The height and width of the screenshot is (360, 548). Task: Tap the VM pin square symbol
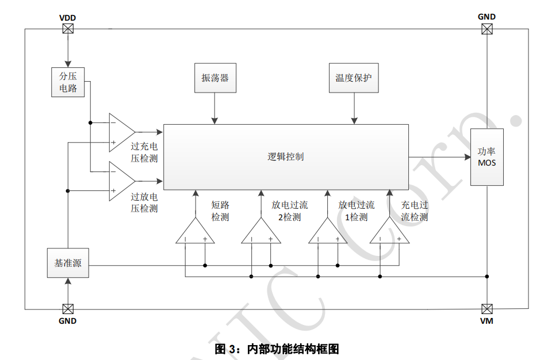pyautogui.click(x=487, y=309)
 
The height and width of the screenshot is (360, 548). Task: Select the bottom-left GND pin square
pyautogui.click(x=68, y=309)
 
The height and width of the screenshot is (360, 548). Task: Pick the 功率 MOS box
pyautogui.click(x=487, y=156)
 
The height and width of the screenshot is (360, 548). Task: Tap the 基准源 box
pyautogui.click(x=68, y=263)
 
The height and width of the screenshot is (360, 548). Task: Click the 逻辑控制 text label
pyautogui.click(x=286, y=156)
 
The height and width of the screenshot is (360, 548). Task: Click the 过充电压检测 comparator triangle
pyautogui.click(x=120, y=133)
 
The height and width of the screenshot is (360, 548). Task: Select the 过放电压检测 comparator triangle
pyautogui.click(x=120, y=182)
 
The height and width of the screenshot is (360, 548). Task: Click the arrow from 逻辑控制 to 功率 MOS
pyautogui.click(x=439, y=156)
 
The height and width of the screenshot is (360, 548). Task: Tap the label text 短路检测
pyautogui.click(x=220, y=211)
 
